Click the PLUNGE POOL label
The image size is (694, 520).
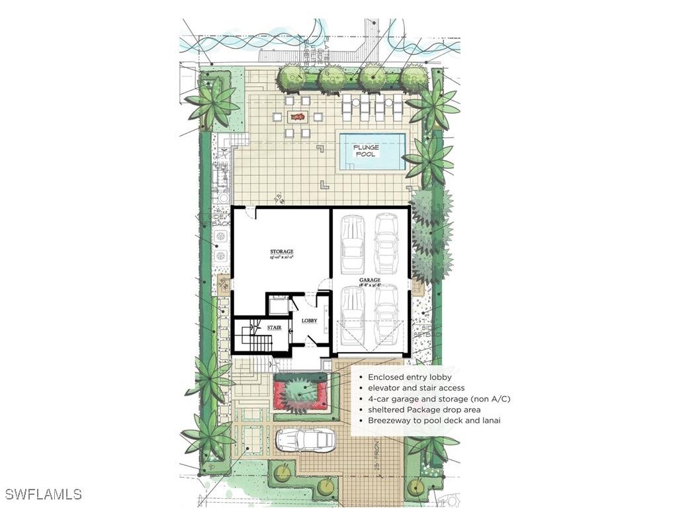click(x=365, y=150)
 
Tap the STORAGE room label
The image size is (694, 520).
click(x=281, y=253)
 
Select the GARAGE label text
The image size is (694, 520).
click(x=370, y=281)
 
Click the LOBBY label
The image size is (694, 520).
click(x=310, y=321)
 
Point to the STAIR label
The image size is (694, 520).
click(x=275, y=327)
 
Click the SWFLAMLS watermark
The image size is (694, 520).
click(x=43, y=494)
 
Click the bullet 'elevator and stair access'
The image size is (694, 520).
click(x=416, y=388)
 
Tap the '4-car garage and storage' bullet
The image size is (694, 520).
click(x=439, y=399)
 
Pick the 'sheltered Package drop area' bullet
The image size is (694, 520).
click(x=419, y=410)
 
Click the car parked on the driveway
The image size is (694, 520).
click(x=305, y=440)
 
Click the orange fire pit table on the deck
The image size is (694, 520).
click(x=298, y=117)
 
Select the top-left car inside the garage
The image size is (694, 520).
click(x=353, y=243)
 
